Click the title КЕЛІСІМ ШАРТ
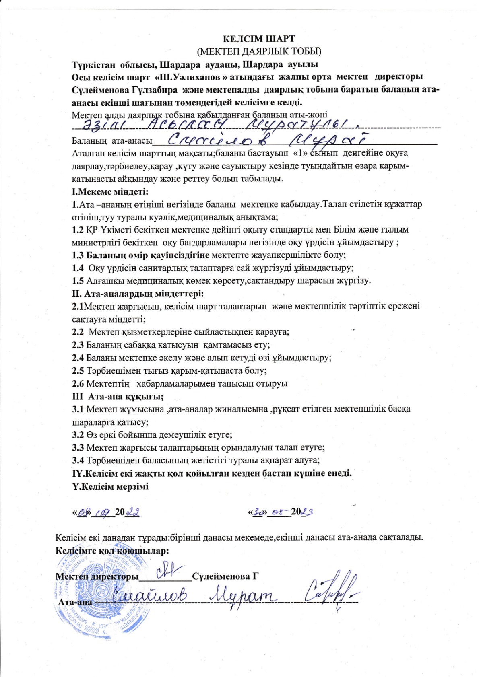pyautogui.click(x=259, y=39)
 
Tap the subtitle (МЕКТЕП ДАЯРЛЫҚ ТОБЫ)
pyautogui.click(x=259, y=51)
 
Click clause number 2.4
pyautogui.click(x=78, y=358)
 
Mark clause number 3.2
pyautogui.click(x=78, y=434)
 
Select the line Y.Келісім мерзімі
pyautogui.click(x=110, y=486)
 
